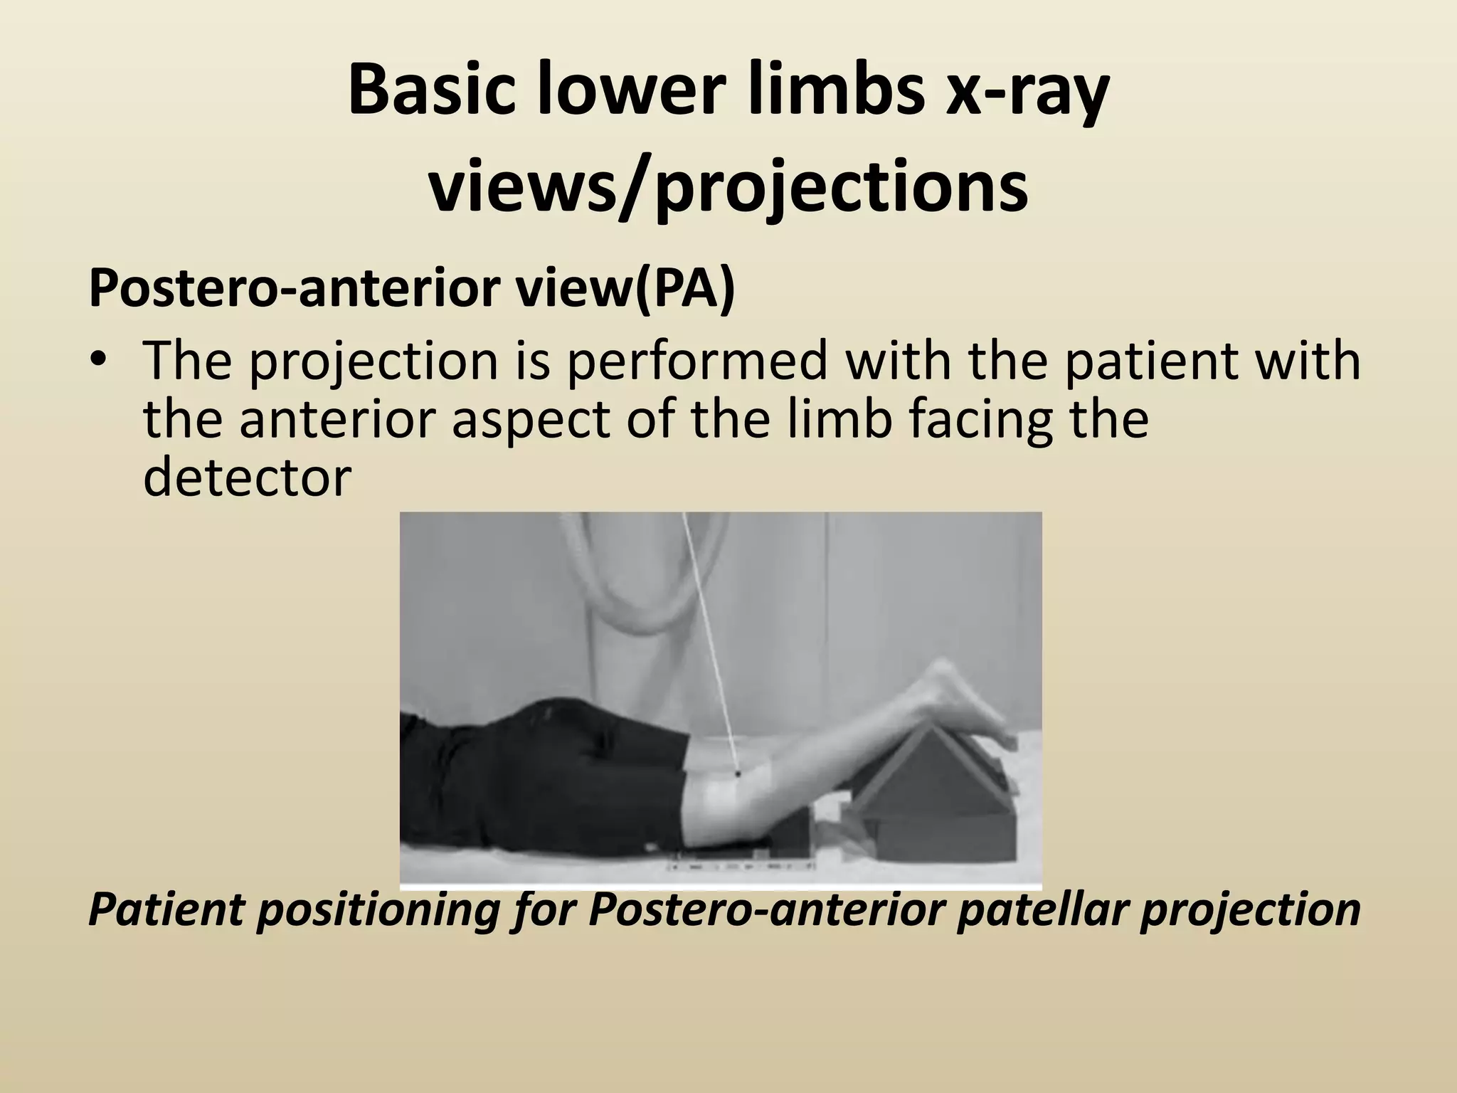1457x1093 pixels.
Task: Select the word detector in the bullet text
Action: pos(247,478)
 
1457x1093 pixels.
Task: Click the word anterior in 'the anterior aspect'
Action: pos(344,420)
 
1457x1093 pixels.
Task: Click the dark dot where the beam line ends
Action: pos(738,773)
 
